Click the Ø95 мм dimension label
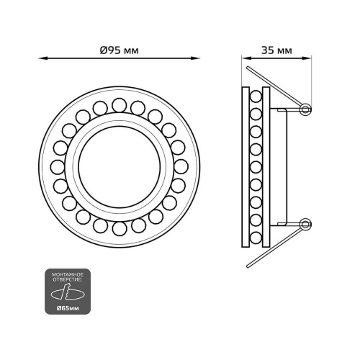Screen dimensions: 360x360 click(x=120, y=50)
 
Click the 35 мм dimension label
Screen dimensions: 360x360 click(x=276, y=50)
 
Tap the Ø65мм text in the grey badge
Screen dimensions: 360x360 click(x=68, y=308)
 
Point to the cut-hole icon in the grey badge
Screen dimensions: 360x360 click(x=68, y=292)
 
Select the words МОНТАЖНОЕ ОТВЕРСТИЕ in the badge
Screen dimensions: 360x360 click(x=68, y=277)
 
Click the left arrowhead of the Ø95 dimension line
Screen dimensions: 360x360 click(x=42, y=58)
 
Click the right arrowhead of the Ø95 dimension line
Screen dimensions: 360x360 click(x=196, y=58)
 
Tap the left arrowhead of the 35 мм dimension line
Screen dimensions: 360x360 click(x=246, y=58)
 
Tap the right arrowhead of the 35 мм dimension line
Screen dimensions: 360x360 click(x=307, y=58)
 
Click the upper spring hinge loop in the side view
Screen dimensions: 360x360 click(x=305, y=109)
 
